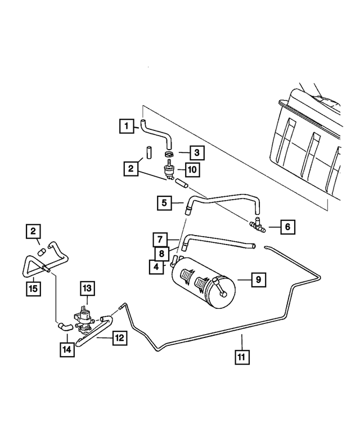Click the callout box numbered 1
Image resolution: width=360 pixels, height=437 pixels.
pyautogui.click(x=127, y=126)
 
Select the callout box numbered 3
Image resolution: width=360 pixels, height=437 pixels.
pyautogui.click(x=197, y=152)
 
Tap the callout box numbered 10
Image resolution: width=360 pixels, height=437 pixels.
pyautogui.click(x=192, y=169)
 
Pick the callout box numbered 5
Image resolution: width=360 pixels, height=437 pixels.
pyautogui.click(x=164, y=203)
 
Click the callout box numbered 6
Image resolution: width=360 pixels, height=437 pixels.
pyautogui.click(x=287, y=227)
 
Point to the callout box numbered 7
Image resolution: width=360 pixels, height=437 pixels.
pyautogui.click(x=160, y=240)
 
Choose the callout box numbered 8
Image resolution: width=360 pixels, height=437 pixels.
pyautogui.click(x=162, y=254)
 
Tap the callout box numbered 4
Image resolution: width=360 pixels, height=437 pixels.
pyautogui.click(x=156, y=267)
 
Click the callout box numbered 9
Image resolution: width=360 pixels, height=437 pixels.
pyautogui.click(x=259, y=280)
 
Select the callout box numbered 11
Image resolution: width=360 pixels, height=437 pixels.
pyautogui.click(x=242, y=357)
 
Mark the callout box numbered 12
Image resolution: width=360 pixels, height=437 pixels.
pyautogui.click(x=120, y=338)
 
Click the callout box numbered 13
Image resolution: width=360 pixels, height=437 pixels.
pyautogui.click(x=87, y=289)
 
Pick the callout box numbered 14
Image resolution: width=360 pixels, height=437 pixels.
pyautogui.click(x=67, y=349)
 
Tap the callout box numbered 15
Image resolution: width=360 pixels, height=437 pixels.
pyautogui.click(x=33, y=289)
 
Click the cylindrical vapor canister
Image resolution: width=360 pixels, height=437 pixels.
pyautogui.click(x=204, y=283)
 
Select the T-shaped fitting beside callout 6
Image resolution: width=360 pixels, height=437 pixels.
pyautogui.click(x=257, y=224)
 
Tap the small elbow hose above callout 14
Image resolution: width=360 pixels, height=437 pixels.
pyautogui.click(x=65, y=326)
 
